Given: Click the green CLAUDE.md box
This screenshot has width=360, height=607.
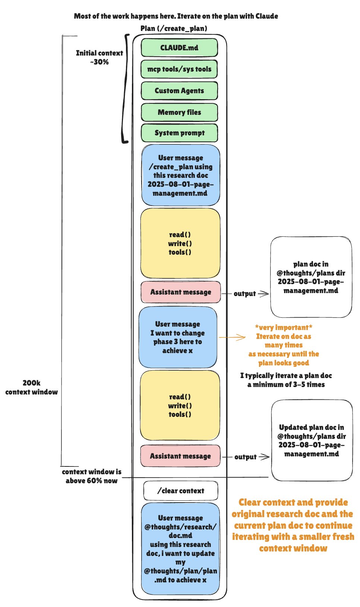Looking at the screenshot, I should [x=179, y=48].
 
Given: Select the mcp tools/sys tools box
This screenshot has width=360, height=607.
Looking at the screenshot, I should [x=179, y=69].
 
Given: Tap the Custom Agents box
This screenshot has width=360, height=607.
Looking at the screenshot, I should [x=179, y=91].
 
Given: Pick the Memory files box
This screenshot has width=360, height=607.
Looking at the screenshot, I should [x=179, y=112].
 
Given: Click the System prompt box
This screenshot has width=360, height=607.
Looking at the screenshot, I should [x=179, y=133].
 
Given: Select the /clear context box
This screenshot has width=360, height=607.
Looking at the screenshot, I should [x=181, y=491].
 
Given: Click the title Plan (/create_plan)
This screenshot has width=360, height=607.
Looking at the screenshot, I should [x=174, y=28].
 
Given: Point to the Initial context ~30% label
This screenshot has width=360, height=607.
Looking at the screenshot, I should [x=99, y=57].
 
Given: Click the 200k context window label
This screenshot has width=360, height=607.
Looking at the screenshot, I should [x=32, y=387].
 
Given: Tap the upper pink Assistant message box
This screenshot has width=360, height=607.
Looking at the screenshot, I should [x=181, y=292].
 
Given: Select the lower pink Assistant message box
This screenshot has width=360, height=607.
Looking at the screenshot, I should [x=180, y=456].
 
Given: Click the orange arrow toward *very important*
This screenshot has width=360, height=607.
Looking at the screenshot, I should [x=233, y=337].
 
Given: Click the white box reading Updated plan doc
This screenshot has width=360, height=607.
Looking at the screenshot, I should [x=312, y=440].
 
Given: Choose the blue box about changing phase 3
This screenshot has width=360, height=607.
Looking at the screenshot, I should [x=178, y=337].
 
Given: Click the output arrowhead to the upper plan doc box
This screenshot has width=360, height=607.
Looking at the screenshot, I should [x=264, y=294].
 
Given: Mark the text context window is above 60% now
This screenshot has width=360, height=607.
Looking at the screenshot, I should [x=91, y=476].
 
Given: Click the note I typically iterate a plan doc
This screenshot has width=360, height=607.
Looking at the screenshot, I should [x=286, y=380].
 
